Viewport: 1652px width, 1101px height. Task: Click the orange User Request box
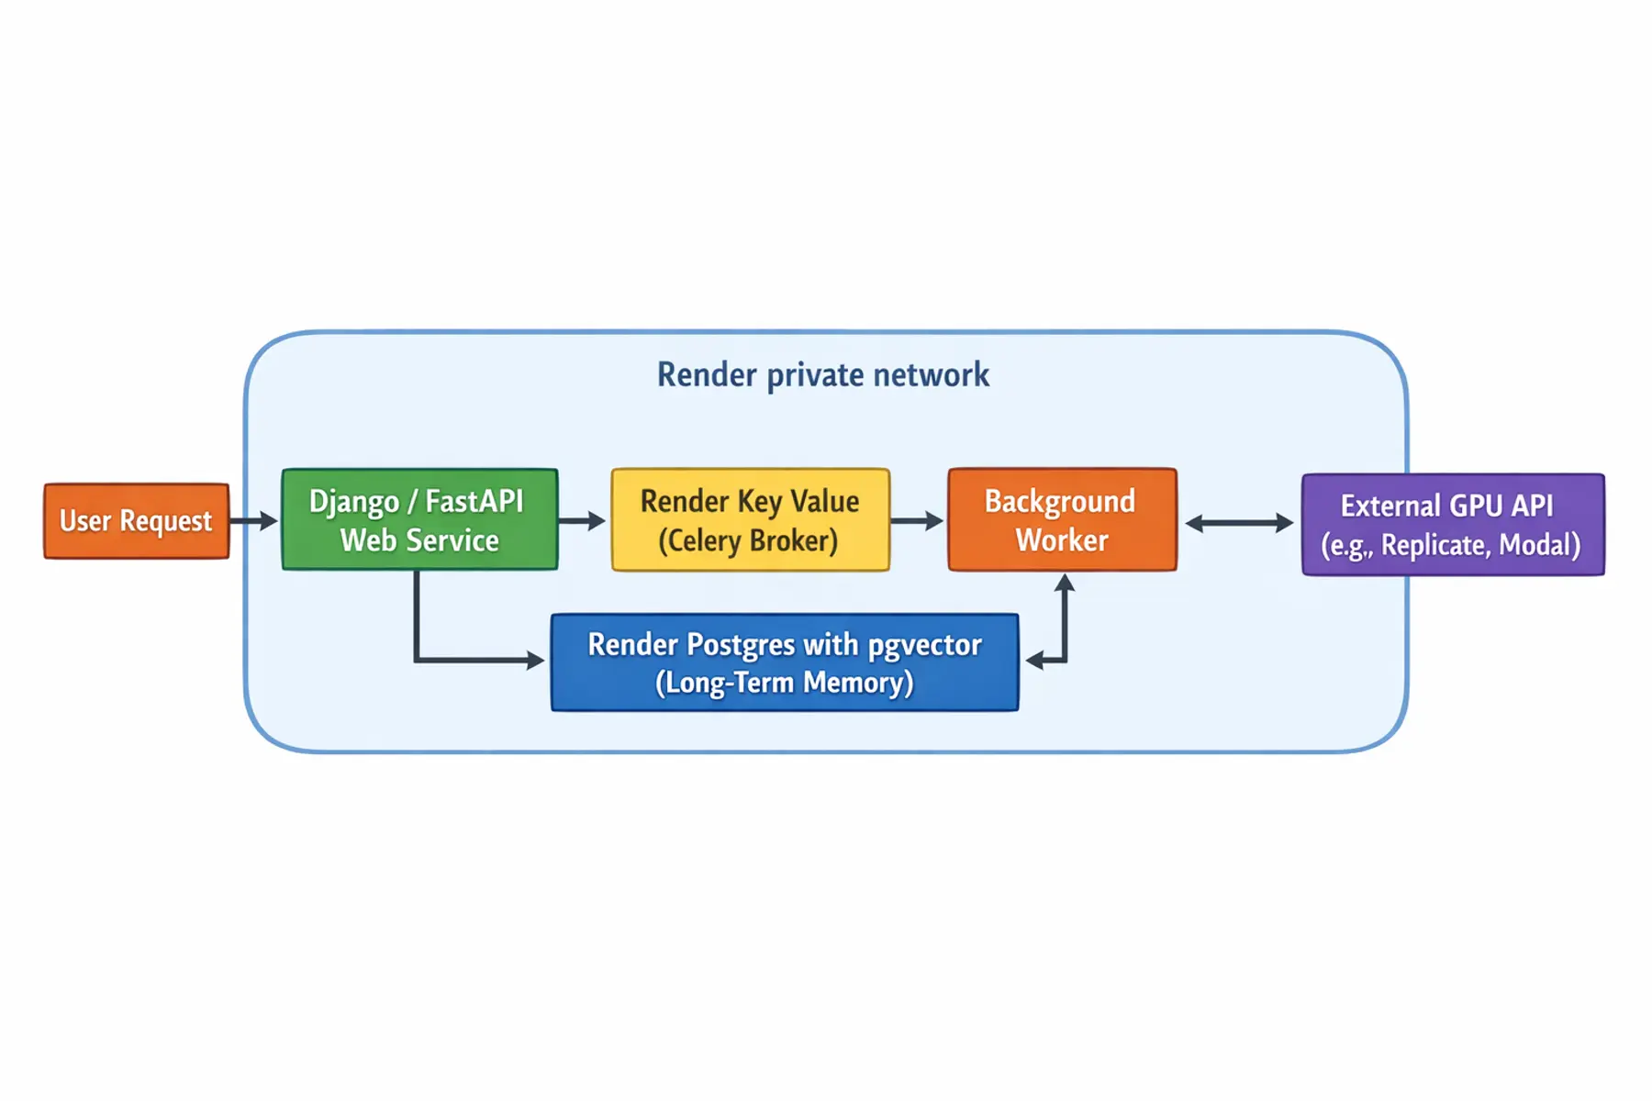tap(136, 520)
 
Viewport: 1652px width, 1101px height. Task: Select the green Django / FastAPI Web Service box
tap(419, 519)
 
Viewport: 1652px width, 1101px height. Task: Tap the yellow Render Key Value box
tap(750, 519)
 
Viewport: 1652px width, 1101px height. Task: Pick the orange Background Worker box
tap(1062, 519)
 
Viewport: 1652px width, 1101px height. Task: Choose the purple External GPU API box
tap(1452, 524)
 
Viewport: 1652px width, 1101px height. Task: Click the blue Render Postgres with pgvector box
tap(785, 662)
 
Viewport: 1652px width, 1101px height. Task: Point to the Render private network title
tap(823, 375)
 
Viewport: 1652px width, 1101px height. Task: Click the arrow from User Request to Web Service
tap(253, 520)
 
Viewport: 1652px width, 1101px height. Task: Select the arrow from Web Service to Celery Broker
tap(582, 520)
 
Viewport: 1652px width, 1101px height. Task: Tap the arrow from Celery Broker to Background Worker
tap(917, 520)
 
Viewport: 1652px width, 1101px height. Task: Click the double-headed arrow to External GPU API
tap(1239, 523)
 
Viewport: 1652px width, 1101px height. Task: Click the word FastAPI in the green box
tap(474, 501)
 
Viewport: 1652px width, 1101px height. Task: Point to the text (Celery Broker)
tap(748, 540)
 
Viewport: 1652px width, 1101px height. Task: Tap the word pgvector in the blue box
tap(924, 645)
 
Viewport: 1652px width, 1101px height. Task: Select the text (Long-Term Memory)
tap(785, 683)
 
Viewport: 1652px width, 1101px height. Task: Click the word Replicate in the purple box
tap(1434, 545)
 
